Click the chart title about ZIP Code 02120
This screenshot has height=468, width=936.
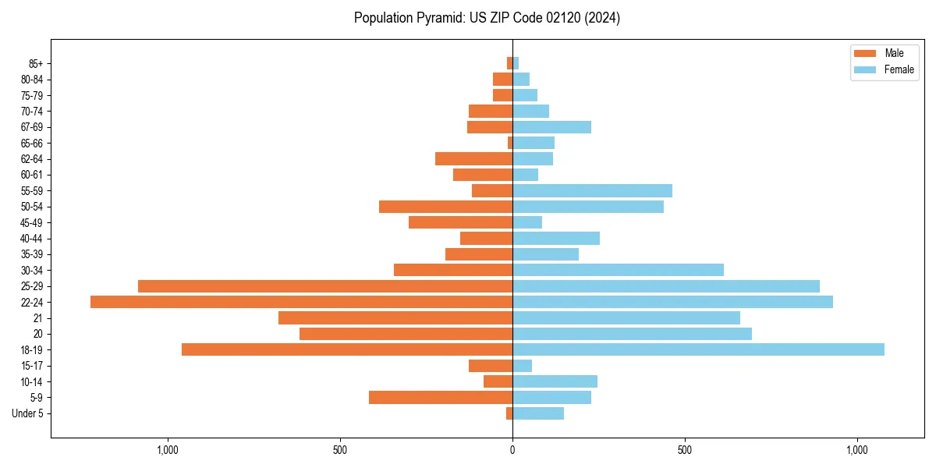(487, 18)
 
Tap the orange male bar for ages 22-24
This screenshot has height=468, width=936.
(301, 302)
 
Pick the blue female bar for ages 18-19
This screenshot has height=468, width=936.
(698, 349)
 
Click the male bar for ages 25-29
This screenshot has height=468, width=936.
(325, 286)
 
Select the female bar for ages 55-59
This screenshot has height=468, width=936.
(592, 190)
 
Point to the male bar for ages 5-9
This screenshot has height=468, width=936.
(441, 397)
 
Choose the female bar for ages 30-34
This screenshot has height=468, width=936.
(618, 270)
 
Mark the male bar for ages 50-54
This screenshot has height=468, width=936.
(445, 207)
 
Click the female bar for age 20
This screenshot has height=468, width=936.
(632, 334)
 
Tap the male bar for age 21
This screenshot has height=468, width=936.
(395, 317)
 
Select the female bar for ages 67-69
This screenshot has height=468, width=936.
(551, 127)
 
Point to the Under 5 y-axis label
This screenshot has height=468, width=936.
(28, 413)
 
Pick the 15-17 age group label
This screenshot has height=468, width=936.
(32, 366)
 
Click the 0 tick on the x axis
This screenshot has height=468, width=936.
(512, 450)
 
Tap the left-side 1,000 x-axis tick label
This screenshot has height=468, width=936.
(168, 450)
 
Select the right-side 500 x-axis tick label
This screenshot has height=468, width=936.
(684, 450)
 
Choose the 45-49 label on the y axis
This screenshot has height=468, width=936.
(32, 222)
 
